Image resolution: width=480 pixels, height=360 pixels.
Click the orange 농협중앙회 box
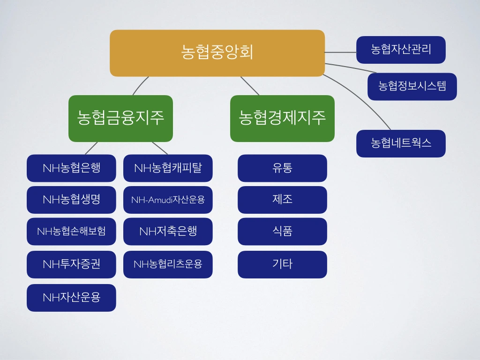tap(217, 53)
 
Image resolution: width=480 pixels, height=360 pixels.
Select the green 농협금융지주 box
tap(120, 118)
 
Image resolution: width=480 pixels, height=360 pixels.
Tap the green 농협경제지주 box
tap(282, 118)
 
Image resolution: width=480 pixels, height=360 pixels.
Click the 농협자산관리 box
tap(401, 50)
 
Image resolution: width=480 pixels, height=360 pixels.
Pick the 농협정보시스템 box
tap(412, 86)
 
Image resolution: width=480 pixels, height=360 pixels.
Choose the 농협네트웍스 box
tap(401, 143)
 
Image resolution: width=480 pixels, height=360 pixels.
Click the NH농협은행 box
tap(71, 168)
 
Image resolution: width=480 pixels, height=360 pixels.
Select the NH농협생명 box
tap(71, 200)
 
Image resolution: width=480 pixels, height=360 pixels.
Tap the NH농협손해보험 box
tap(71, 231)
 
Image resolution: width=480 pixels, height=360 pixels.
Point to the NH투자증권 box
tap(71, 264)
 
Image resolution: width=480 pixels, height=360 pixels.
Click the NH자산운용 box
tap(71, 298)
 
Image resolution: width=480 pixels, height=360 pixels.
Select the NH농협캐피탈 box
tap(168, 168)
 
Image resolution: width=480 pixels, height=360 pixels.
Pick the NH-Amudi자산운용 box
tap(168, 200)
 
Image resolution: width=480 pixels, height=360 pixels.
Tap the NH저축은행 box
tap(168, 231)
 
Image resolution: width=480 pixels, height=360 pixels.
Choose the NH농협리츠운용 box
tap(168, 264)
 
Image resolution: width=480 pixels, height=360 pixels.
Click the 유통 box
tap(282, 168)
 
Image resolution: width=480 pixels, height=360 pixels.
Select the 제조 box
tap(282, 200)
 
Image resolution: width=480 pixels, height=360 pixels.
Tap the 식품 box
tap(282, 231)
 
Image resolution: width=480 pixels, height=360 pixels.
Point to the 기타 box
tap(282, 264)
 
